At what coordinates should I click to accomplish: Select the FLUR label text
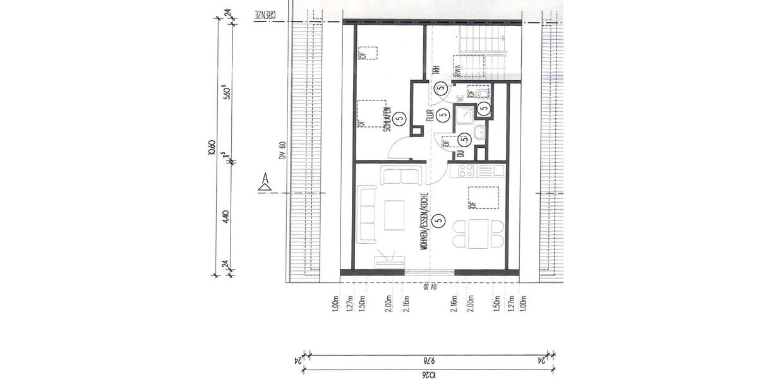428,116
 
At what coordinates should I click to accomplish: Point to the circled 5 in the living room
440,221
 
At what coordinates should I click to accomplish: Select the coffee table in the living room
397,215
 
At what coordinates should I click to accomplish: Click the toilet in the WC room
483,93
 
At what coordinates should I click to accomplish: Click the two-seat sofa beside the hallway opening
400,175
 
